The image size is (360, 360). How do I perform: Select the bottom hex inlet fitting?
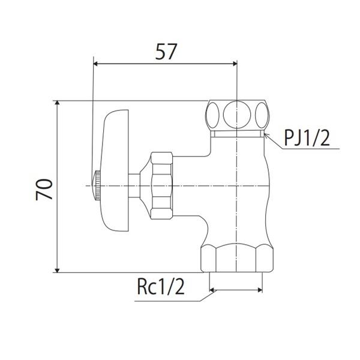[237, 258]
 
